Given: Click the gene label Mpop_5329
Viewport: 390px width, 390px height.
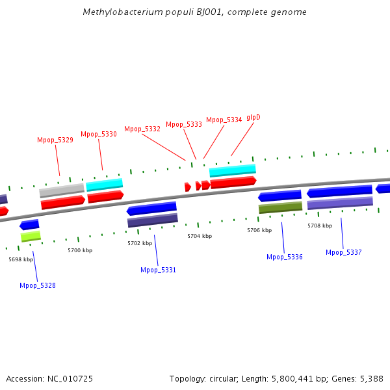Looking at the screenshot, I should [55, 140].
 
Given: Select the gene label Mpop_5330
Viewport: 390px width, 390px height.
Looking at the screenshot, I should [99, 134].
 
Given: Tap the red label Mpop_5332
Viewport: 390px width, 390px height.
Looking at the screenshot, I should [142, 129].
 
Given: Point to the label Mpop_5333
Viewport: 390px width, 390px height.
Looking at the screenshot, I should [184, 124].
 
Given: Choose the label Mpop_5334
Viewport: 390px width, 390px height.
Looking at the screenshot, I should [224, 120].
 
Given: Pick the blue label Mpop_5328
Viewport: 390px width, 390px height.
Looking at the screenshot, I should [38, 285].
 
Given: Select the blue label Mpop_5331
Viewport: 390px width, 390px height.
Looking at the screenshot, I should [158, 270].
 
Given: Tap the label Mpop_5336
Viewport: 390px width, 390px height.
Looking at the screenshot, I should [285, 257].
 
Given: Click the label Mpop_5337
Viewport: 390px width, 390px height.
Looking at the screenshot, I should [344, 252].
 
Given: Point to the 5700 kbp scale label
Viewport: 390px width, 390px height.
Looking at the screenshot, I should [80, 250].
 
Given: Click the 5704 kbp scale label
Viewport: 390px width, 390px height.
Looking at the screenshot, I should [200, 236].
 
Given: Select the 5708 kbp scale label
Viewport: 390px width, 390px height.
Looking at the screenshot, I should [320, 226].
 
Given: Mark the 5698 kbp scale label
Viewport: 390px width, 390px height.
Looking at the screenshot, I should [21, 259].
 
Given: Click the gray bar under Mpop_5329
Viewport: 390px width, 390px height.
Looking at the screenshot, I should [62, 190].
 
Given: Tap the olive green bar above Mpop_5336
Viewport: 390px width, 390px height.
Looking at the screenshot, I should [280, 207].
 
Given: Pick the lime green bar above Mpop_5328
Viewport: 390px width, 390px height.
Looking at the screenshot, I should [31, 236].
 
